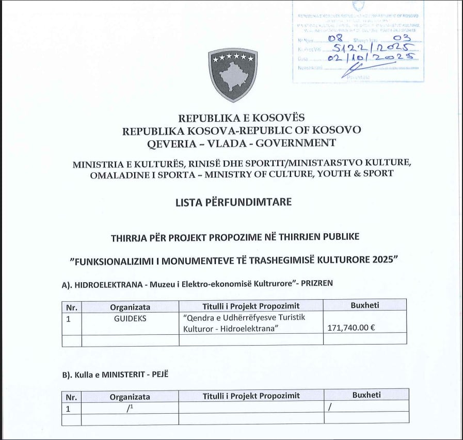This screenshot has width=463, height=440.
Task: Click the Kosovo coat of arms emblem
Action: (233, 75)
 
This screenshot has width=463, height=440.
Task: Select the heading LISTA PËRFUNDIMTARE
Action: (233, 202)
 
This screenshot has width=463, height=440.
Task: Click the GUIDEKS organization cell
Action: (130, 318)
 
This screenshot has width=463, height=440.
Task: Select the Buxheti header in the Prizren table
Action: (365, 305)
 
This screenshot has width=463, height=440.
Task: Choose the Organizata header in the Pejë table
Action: (130, 396)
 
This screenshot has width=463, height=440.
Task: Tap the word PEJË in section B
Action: (157, 375)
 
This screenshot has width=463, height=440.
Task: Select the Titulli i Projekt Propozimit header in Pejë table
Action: (251, 396)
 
